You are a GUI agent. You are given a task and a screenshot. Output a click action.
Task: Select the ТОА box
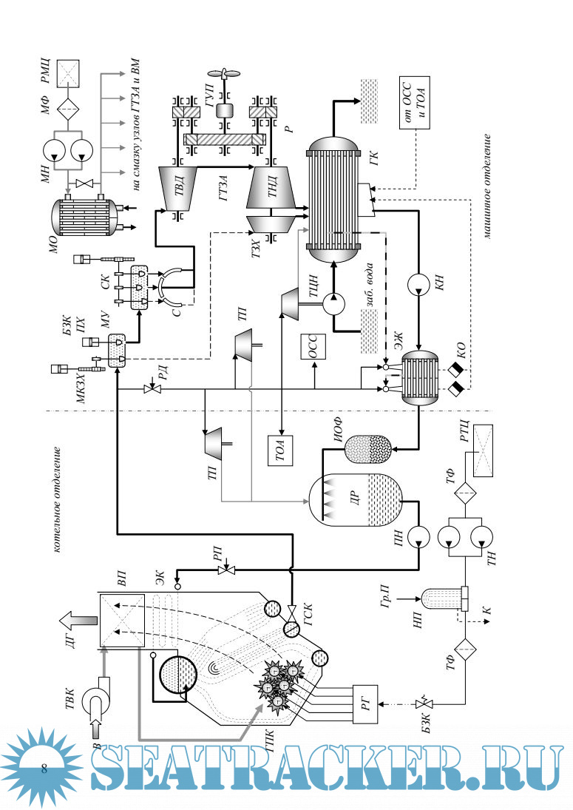pos(281,450)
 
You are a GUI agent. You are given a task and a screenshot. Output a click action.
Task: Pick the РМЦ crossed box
pos(69,73)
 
